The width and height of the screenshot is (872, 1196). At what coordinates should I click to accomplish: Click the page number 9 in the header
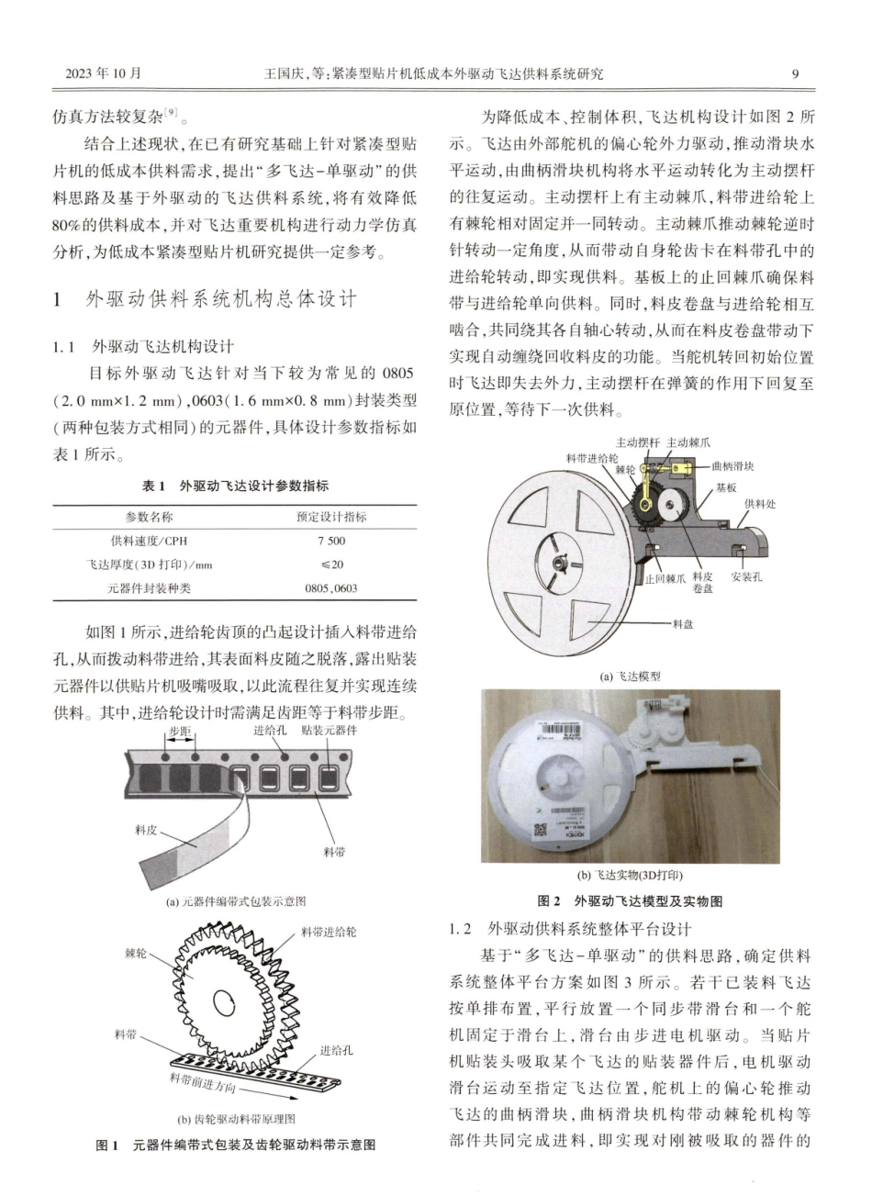(795, 73)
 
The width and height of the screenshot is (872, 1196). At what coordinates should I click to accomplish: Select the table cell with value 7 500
(331, 541)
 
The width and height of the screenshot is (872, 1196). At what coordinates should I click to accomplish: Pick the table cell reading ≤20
(331, 564)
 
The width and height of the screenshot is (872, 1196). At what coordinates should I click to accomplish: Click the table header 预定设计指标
(331, 517)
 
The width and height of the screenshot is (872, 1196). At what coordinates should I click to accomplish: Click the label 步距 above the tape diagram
(180, 732)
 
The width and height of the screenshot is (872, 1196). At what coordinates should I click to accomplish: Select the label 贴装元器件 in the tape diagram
(328, 731)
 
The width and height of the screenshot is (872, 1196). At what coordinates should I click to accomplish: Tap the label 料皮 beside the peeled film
(146, 830)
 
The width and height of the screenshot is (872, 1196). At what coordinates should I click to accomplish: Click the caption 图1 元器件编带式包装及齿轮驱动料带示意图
(236, 1145)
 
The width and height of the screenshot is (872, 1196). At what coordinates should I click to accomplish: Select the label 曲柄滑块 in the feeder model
(733, 466)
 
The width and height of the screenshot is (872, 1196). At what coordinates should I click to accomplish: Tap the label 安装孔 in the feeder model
(746, 577)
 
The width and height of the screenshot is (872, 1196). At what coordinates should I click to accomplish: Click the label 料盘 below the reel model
(682, 623)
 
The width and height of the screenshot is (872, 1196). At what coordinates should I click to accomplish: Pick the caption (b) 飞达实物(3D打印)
(630, 875)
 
